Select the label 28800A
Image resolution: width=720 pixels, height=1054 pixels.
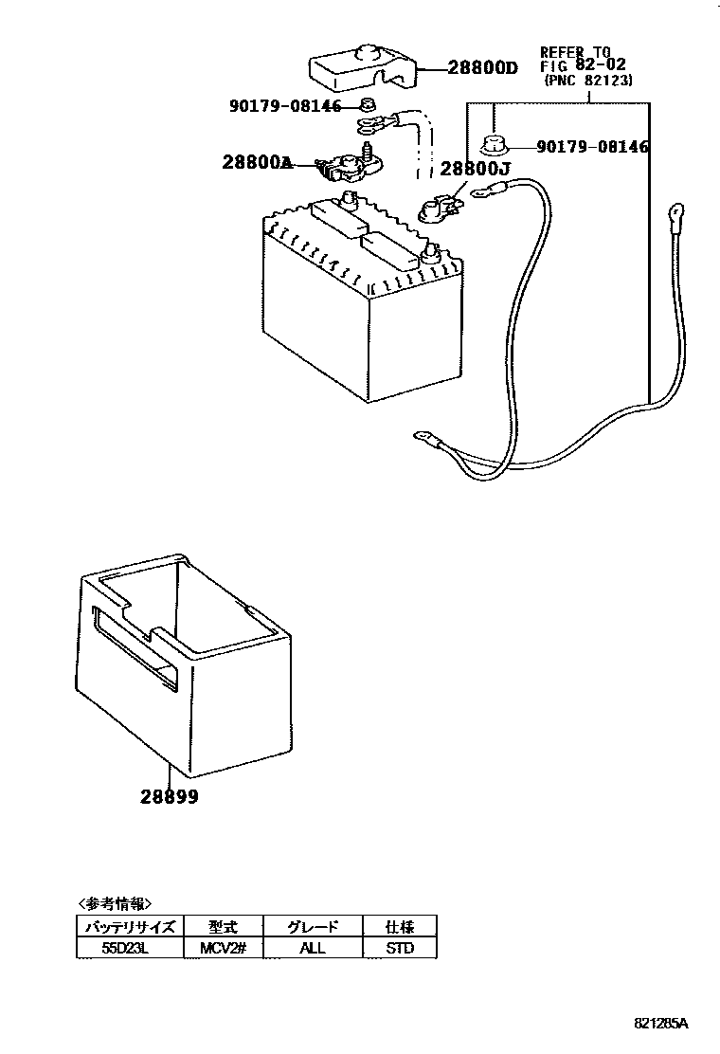256,162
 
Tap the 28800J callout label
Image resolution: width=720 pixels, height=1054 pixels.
476,171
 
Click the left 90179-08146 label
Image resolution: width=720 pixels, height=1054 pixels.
285,106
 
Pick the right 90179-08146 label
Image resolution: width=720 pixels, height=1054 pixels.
592,147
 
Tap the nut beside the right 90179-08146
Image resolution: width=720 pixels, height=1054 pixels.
494,146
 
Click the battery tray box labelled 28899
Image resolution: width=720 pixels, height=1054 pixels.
180,663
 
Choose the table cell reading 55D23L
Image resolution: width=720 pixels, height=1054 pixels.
128,948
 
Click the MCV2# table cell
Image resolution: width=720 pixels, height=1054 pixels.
223,948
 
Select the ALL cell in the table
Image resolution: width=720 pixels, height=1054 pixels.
312,948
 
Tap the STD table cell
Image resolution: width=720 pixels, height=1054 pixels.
401,948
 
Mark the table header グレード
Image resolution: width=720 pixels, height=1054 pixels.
312,927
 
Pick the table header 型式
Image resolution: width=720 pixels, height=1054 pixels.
223,927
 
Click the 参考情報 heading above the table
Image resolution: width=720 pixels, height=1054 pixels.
114,903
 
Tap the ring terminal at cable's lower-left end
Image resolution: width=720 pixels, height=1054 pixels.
423,438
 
